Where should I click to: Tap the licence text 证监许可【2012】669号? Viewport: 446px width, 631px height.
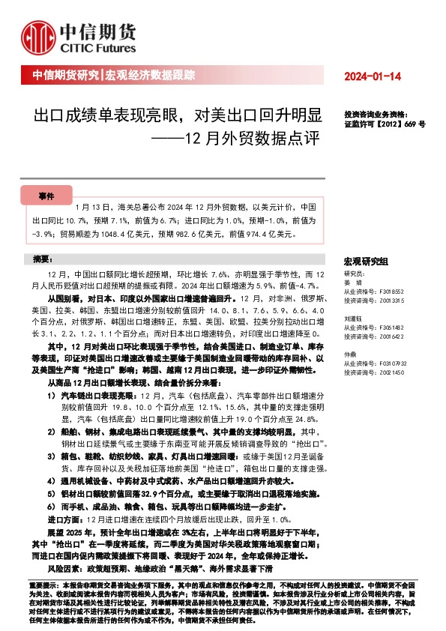pyautogui.click(x=384, y=125)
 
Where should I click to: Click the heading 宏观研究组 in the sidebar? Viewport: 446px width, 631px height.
pyautogui.click(x=366, y=261)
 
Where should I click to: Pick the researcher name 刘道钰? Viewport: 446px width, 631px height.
pyautogui.click(x=352, y=318)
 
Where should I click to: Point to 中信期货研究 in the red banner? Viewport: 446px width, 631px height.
pyautogui.click(x=66, y=76)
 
